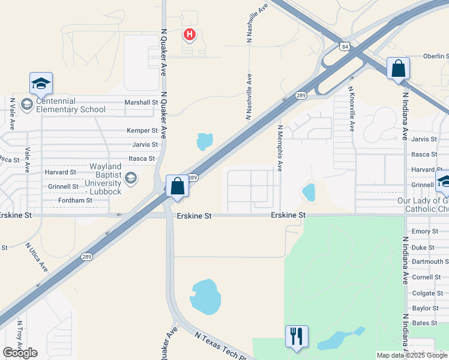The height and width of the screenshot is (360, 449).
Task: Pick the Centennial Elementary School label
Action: click(x=71, y=105)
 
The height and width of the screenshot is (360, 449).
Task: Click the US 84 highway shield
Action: click(x=344, y=46)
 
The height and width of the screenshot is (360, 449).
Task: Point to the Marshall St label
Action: click(x=141, y=103)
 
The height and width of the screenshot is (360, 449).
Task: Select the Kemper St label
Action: click(x=142, y=130)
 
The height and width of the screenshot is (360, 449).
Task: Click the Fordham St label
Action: click(x=75, y=200)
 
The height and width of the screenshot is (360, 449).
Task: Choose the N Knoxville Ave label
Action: click(x=352, y=109)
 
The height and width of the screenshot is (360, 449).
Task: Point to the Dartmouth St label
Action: click(x=430, y=262)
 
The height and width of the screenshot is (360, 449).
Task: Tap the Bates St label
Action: click(x=424, y=323)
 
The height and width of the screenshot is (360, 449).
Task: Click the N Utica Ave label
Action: click(x=36, y=257)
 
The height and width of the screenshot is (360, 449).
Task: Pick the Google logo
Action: click(x=20, y=353)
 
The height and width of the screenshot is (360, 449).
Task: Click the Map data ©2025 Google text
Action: click(x=412, y=355)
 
